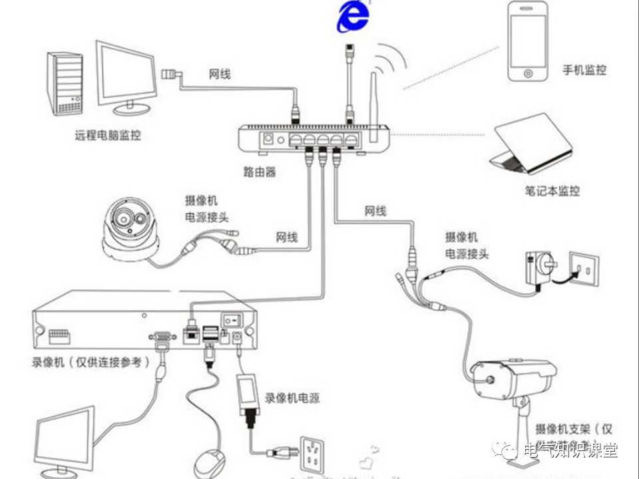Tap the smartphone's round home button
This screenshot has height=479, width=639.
pos(528,72)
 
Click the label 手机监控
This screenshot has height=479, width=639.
pos(584,70)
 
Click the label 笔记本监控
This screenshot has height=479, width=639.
pos(552,191)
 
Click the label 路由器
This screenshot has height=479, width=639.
pos(260,172)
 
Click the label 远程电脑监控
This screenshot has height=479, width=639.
pos(108,135)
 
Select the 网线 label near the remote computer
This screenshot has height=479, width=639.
pos(220,74)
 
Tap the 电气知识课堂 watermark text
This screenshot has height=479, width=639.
pos(570,451)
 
